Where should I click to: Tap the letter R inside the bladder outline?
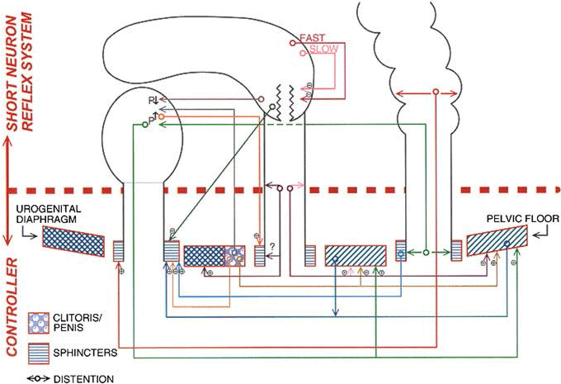149,99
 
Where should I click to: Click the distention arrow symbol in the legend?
37,377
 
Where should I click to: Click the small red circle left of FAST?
291,41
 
